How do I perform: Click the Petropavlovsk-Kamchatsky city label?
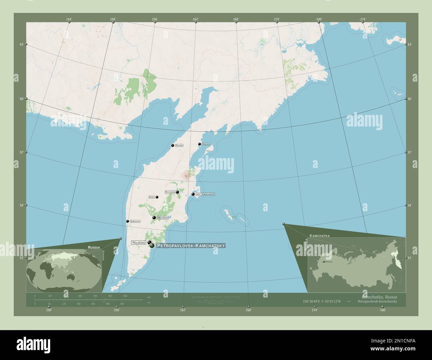[x=191, y=246]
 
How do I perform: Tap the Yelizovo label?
[x=139, y=242]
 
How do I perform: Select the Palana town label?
[x=179, y=145]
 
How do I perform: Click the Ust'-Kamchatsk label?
[x=205, y=194]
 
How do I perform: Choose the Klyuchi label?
[x=170, y=192]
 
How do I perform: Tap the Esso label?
[x=152, y=197]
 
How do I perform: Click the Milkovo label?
[x=163, y=218]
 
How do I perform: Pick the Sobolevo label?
[x=135, y=221]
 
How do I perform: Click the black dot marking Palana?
[x=172, y=145]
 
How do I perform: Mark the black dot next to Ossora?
[x=199, y=144]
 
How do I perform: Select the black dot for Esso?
[x=157, y=197]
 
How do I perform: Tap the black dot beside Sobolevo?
[x=127, y=221]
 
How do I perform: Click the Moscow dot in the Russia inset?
[x=324, y=262]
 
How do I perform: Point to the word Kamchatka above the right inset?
[x=319, y=235]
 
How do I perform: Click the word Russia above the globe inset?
[x=94, y=247]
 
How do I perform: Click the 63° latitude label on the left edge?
[x=21, y=44]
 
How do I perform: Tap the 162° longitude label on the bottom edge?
[x=182, y=310]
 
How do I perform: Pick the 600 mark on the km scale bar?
[x=125, y=296]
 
